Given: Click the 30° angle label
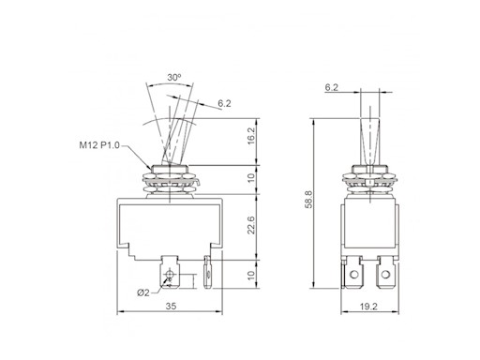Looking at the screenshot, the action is tap(174, 77).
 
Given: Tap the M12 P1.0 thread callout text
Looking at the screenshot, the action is tap(99, 145).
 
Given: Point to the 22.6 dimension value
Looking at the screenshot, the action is tap(251, 225).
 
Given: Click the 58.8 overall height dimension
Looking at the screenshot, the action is tap(308, 200).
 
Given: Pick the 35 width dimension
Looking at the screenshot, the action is tap(171, 307).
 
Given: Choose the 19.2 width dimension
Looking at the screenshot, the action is tap(368, 307).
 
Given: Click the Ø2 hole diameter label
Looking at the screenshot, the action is tap(143, 292).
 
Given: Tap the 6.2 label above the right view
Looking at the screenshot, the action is tap(331, 87).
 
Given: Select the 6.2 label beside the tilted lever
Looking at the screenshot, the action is tap(224, 103).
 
